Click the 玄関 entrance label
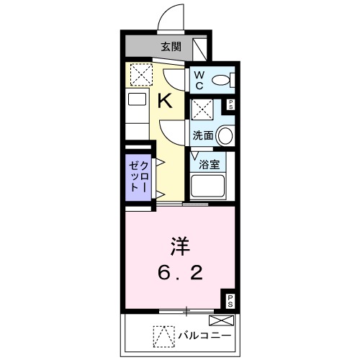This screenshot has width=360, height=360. (170, 48)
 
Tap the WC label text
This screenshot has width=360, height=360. (199, 79)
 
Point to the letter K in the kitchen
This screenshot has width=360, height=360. (165, 101)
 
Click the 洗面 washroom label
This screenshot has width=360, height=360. (202, 135)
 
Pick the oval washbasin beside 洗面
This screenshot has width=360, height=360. (225, 135)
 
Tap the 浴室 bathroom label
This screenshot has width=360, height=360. (210, 163)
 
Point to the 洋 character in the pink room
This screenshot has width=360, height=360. (180, 247)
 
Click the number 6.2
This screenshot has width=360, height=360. (180, 274)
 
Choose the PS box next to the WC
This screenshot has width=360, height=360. (231, 105)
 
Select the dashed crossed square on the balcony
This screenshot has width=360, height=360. (163, 336)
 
